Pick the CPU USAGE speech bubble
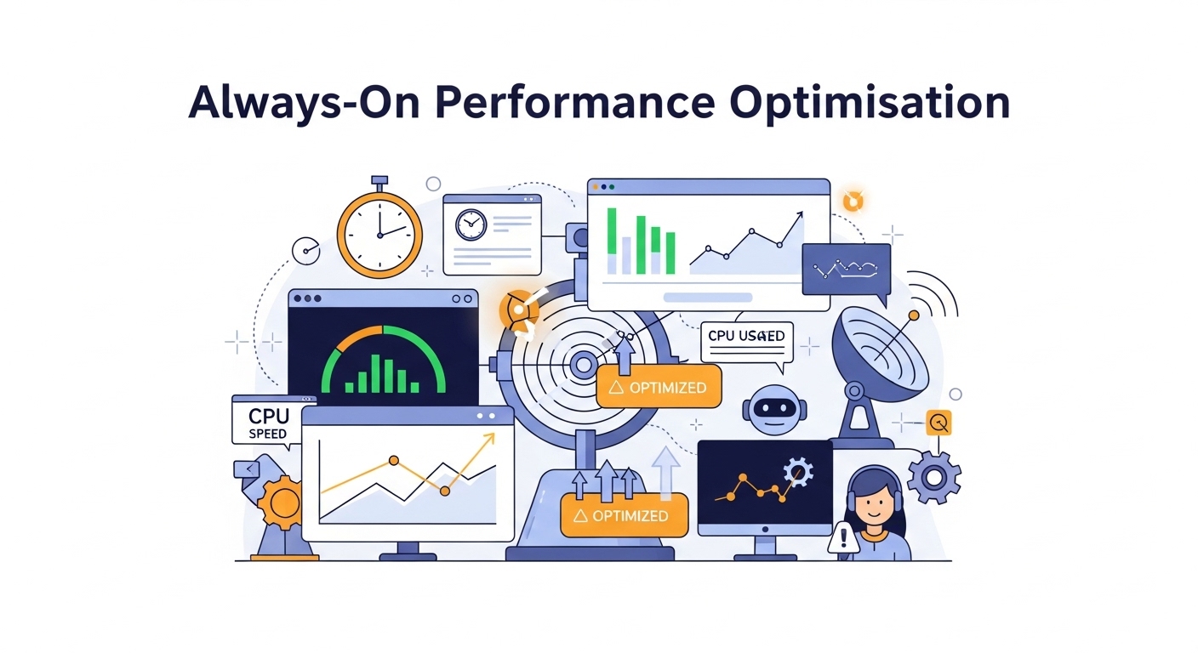[x=747, y=337]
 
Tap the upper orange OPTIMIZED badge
[x=659, y=387]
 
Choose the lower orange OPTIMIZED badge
[x=624, y=515]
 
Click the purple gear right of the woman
[x=933, y=477]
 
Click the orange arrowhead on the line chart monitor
[x=489, y=440]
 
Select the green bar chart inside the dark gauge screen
[x=382, y=375]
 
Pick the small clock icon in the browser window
[x=471, y=224]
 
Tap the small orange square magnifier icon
[x=939, y=423]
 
